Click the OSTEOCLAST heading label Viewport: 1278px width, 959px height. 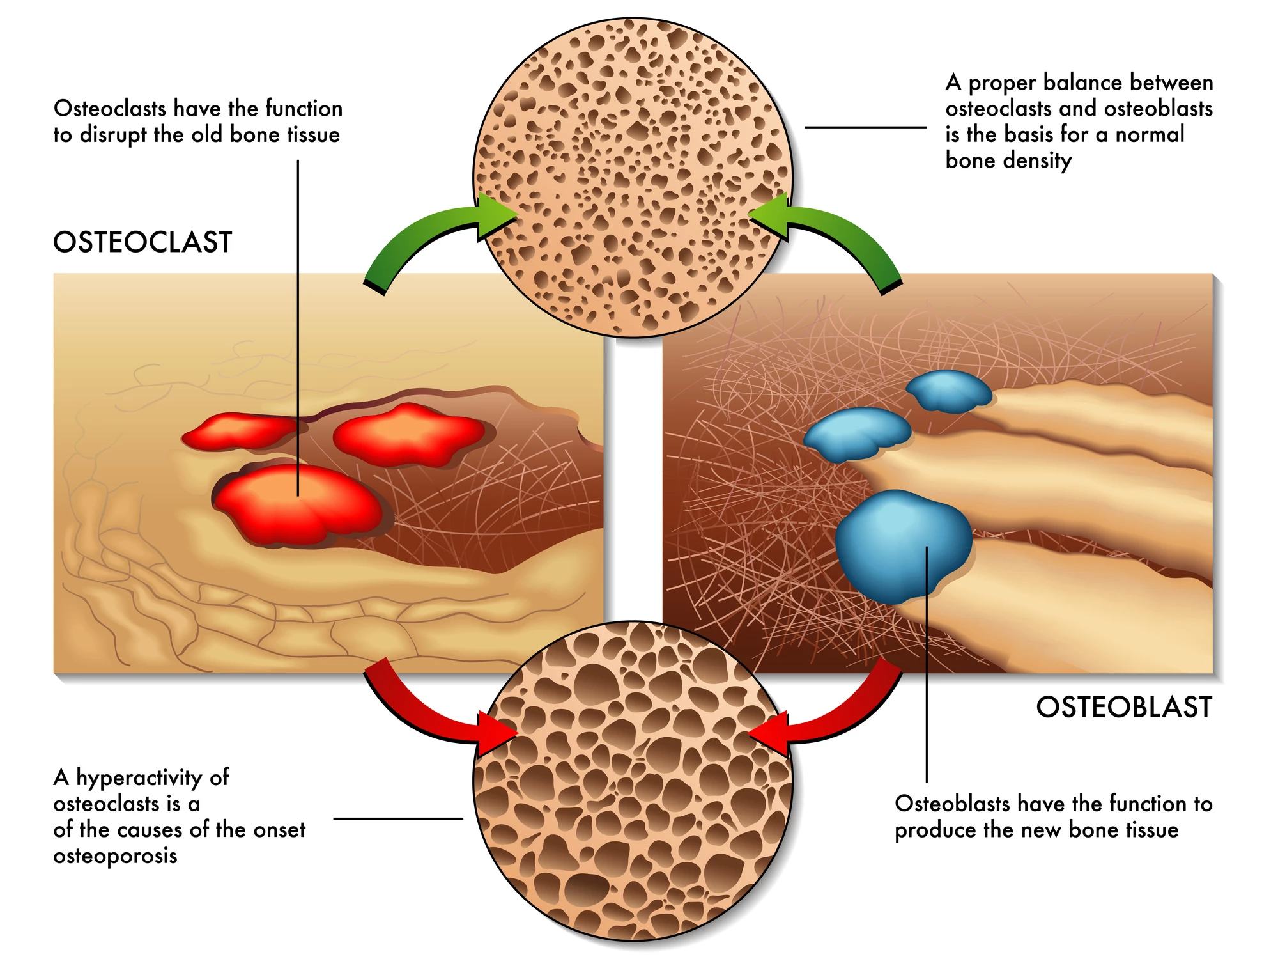pyautogui.click(x=142, y=242)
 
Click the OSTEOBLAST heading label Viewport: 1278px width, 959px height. pyautogui.click(x=1124, y=708)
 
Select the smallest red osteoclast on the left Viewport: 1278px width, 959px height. pyautogui.click(x=240, y=432)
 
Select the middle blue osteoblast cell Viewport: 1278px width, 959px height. pyautogui.click(x=856, y=433)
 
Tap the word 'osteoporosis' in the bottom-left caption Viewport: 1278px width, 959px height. pyautogui.click(x=115, y=856)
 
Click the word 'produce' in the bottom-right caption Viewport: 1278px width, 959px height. pyautogui.click(x=935, y=830)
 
